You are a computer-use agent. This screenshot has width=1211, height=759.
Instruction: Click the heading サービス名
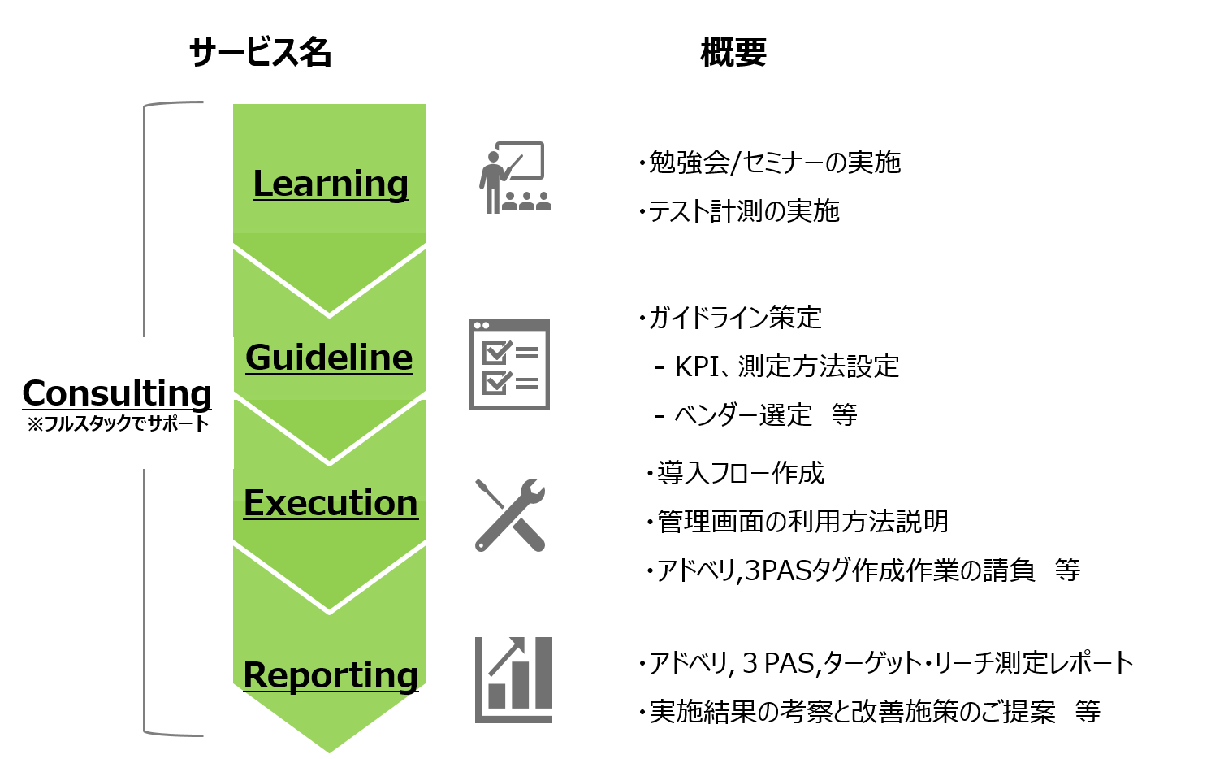click(260, 53)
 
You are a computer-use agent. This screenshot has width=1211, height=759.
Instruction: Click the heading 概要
click(733, 53)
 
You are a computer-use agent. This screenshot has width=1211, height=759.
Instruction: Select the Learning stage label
click(331, 184)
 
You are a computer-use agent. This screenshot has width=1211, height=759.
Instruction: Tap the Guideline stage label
click(329, 358)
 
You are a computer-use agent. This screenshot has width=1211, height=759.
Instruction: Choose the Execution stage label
click(331, 503)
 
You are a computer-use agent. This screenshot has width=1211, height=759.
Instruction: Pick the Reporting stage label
click(331, 675)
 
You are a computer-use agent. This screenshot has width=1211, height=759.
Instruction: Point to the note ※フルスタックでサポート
click(119, 423)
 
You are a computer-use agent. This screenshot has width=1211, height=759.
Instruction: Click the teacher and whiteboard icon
click(515, 177)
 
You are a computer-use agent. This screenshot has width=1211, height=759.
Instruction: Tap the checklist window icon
click(509, 365)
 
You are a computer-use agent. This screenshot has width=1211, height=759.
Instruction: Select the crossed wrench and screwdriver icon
click(510, 515)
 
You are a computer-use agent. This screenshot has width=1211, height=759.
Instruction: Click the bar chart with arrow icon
click(513, 680)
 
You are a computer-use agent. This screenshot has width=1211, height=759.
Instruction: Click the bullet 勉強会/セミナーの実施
click(769, 163)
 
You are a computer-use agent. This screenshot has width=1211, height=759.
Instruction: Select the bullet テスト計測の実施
click(739, 211)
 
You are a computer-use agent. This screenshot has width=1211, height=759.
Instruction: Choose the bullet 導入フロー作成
click(735, 474)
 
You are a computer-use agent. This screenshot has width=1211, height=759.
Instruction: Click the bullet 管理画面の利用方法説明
click(798, 522)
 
